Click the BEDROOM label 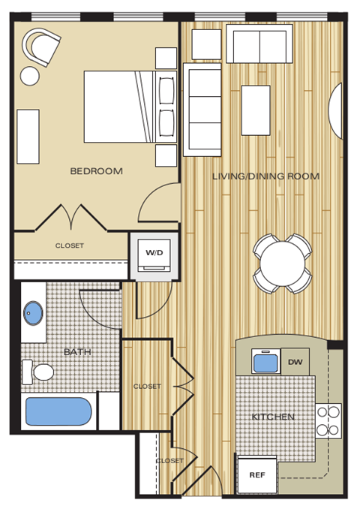[96, 171]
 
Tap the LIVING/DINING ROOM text [265, 176]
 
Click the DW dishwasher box [294, 362]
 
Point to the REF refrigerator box [256, 474]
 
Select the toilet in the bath [39, 372]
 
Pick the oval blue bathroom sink [33, 312]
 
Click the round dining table [283, 263]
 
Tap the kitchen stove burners [328, 420]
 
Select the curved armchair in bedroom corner [42, 47]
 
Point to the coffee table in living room [256, 110]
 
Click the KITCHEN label [273, 417]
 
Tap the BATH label [76, 351]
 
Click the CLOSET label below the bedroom [69, 245]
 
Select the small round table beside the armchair [30, 76]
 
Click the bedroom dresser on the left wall [28, 136]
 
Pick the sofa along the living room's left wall [202, 109]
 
